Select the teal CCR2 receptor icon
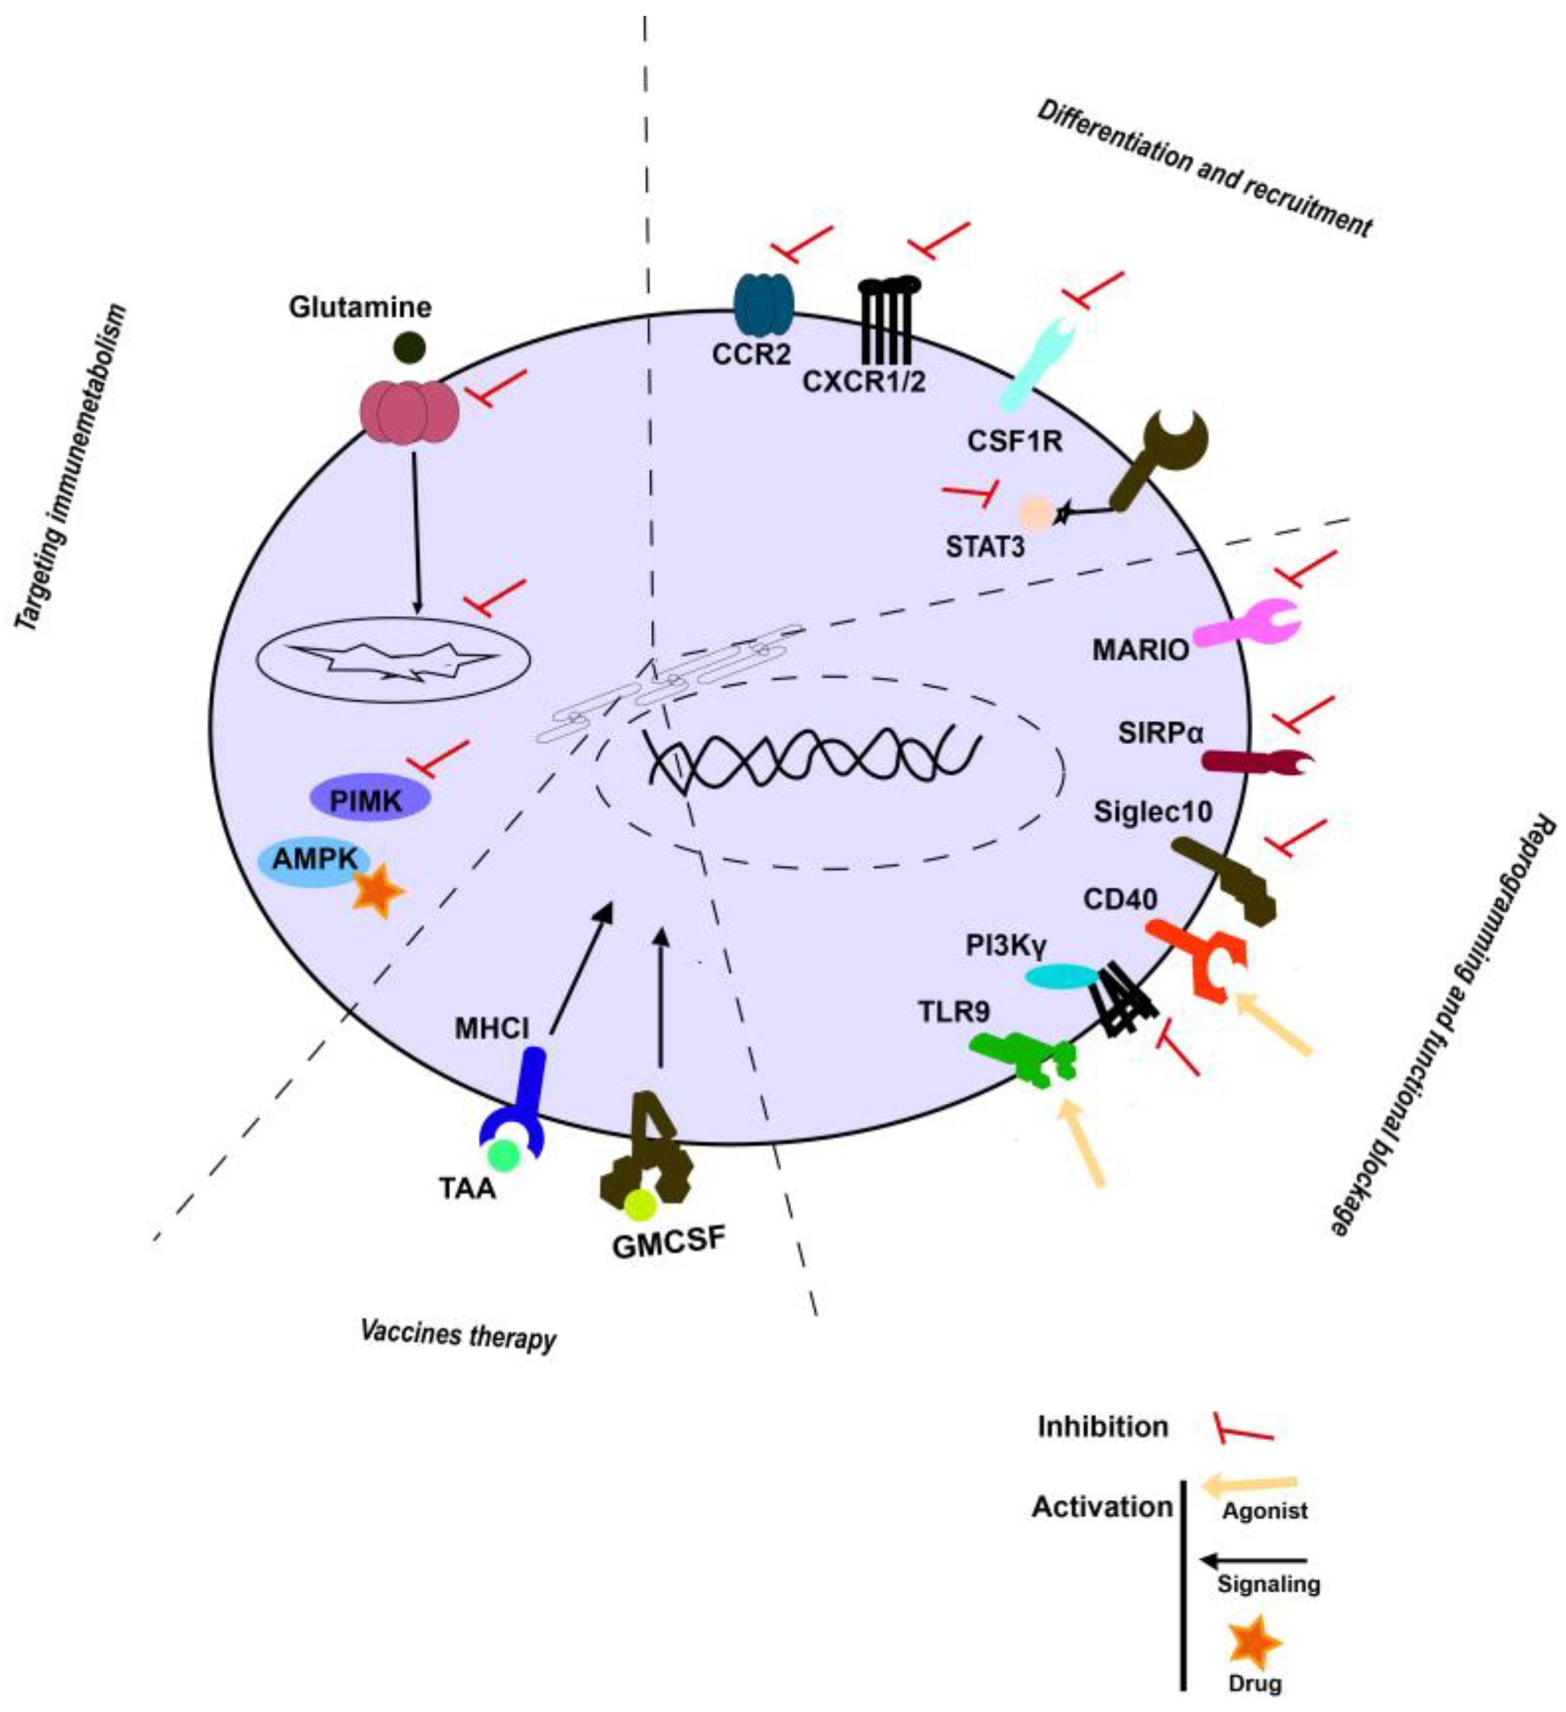[x=762, y=304]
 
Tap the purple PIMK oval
[x=368, y=799]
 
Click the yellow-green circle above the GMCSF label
[x=640, y=1204]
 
